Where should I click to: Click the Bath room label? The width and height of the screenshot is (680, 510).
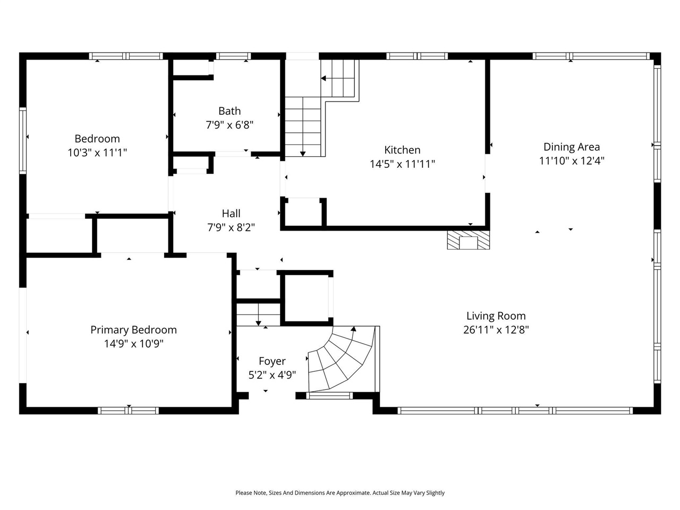229,111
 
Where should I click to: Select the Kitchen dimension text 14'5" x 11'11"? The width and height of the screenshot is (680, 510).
402,164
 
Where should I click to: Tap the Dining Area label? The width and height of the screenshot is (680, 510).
572,147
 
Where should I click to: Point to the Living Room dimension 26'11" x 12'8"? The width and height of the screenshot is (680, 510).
496,330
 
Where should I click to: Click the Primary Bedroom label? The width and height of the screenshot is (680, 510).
133,330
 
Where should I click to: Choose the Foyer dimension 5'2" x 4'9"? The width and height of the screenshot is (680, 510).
272,375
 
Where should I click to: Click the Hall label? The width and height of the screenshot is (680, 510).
231,214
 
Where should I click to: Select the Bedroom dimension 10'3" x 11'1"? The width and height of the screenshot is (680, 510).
97,153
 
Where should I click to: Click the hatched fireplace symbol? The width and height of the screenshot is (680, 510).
468,240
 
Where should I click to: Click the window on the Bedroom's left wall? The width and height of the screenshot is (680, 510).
23,140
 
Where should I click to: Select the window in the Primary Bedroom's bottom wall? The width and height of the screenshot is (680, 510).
128,410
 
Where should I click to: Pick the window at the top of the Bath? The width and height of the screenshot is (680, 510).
233,56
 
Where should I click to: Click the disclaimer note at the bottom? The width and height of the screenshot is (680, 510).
340,493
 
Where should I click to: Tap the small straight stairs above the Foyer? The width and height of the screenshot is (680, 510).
258,313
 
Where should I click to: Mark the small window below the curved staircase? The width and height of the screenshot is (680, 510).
329,395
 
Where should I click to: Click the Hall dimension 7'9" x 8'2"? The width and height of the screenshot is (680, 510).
231,228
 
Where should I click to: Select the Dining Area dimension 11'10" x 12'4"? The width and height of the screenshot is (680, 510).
572,161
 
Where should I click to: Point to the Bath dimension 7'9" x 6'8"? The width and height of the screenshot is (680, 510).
229,125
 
